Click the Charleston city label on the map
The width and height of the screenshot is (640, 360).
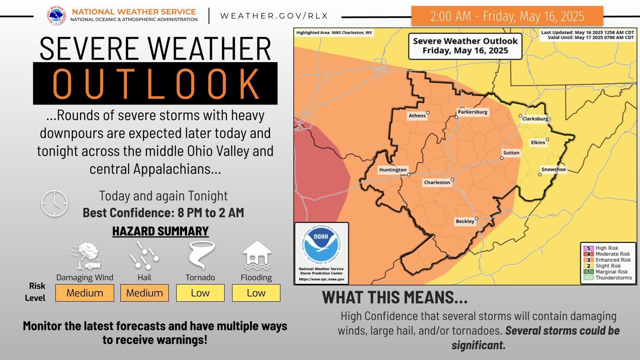[437, 182]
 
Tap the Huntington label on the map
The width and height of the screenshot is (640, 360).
[392, 170]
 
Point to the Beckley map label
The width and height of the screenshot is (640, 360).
[465, 222]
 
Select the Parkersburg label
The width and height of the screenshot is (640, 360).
[472, 112]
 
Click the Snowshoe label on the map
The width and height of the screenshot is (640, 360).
[553, 170]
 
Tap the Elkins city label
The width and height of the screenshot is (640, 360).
[538, 142]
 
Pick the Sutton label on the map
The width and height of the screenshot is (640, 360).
[511, 153]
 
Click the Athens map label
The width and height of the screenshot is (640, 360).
[417, 116]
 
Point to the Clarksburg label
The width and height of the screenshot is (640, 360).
[535, 119]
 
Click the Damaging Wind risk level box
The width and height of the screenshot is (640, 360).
[85, 293]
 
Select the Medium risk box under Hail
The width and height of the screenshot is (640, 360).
[144, 293]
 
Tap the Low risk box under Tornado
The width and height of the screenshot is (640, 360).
[200, 293]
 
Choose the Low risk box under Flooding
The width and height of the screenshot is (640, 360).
[256, 293]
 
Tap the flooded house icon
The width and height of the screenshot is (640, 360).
[257, 255]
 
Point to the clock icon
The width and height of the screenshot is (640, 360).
[54, 203]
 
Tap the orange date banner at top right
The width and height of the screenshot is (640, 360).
[507, 16]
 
